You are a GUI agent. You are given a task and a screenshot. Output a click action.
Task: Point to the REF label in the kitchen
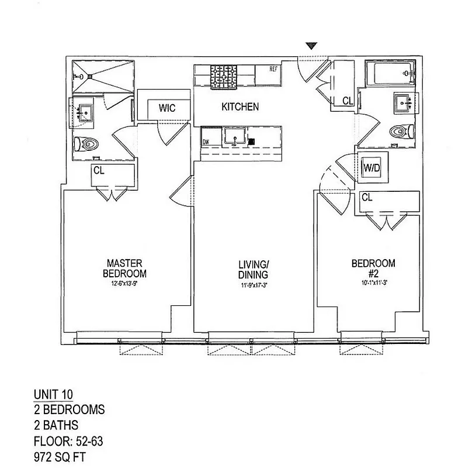[273, 69]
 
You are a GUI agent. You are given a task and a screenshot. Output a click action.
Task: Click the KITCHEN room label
[240, 107]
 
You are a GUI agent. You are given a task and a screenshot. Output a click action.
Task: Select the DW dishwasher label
[206, 142]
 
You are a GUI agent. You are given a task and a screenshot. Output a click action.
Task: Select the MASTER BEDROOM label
[124, 269]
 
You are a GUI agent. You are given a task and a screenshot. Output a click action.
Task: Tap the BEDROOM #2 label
[373, 269]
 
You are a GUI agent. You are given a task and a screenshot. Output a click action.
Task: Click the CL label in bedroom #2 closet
[367, 198]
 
